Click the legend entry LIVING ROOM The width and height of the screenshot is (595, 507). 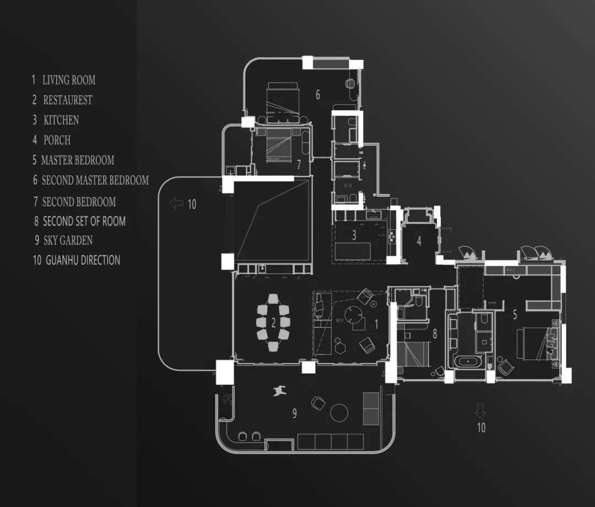tap(69, 80)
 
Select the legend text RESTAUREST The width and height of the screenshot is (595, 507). tap(68, 100)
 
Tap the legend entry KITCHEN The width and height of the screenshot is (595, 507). tap(61, 120)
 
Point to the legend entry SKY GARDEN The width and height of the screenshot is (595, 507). tap(68, 240)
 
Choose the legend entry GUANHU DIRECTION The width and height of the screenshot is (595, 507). tap(83, 260)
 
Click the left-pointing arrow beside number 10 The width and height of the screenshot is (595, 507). tap(176, 204)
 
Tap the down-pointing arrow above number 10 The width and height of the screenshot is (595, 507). tap(480, 411)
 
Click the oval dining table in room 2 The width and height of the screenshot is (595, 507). tap(273, 322)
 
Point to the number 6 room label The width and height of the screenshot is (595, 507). tap(318, 95)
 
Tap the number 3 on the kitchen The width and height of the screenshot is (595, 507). tap(354, 235)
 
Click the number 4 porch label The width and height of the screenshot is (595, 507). tap(419, 241)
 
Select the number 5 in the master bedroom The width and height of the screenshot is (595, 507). tap(515, 315)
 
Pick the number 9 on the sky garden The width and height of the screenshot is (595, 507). tap(294, 413)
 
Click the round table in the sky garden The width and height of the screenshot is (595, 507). tap(339, 412)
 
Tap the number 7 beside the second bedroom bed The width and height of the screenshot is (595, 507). tap(298, 164)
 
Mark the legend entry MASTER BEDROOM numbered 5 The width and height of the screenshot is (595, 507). tap(77, 160)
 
